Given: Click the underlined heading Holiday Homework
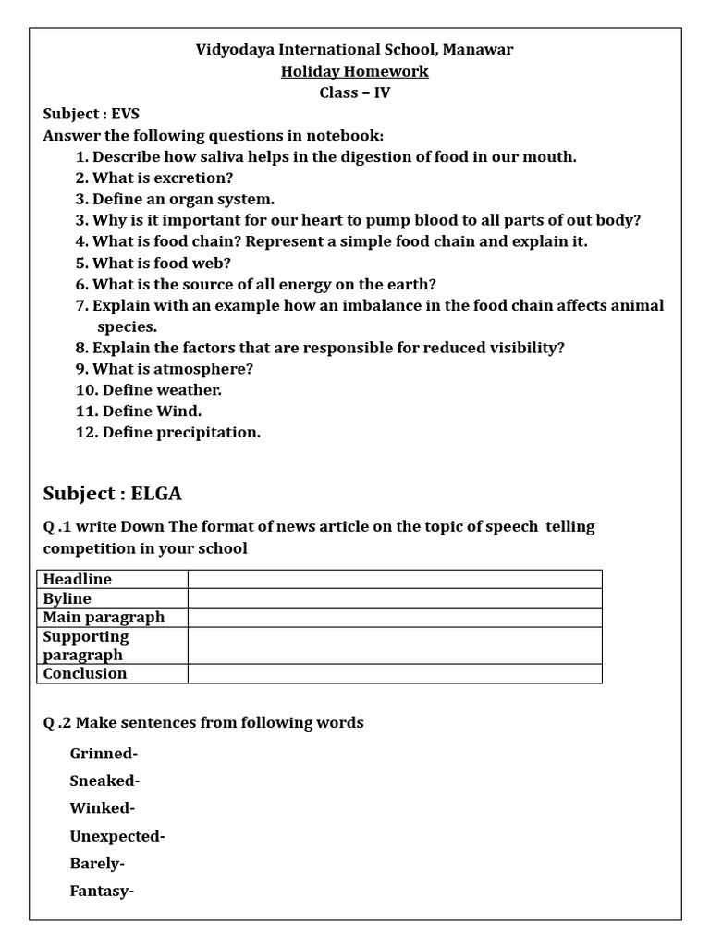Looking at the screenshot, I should [355, 71].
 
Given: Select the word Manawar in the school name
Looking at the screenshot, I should [478, 50].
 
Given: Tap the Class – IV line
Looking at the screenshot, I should [355, 92].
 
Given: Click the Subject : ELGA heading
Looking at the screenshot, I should [118, 493].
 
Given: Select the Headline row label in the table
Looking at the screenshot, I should [78, 579].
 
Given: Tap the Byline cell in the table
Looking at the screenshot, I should [67, 598].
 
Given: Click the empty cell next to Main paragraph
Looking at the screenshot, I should [395, 617].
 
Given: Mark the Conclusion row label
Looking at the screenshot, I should [85, 673].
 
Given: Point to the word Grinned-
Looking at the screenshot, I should [104, 753].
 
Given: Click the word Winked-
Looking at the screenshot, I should [102, 808].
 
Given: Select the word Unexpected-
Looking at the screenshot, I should [117, 836].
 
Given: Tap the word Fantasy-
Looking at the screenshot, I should [102, 892].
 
